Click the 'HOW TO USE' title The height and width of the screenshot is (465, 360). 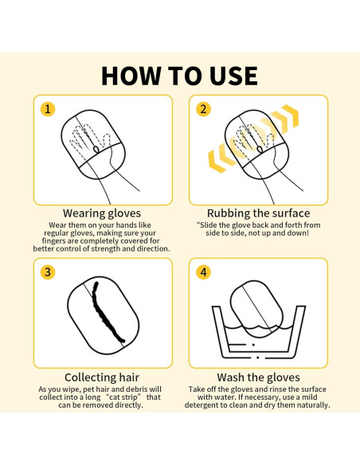click(x=180, y=75)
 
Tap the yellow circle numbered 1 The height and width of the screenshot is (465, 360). click(x=49, y=109)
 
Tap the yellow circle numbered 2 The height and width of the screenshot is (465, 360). click(x=204, y=109)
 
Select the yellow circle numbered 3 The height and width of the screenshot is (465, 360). click(x=49, y=272)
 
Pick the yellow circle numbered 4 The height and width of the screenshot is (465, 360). click(x=204, y=272)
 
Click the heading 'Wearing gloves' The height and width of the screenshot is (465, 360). click(x=102, y=213)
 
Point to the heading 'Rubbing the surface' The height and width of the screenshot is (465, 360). click(x=258, y=213)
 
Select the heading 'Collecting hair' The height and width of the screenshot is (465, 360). click(x=102, y=377)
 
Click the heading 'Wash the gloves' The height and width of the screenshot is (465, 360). click(x=258, y=377)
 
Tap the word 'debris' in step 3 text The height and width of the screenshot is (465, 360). click(x=132, y=389)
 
